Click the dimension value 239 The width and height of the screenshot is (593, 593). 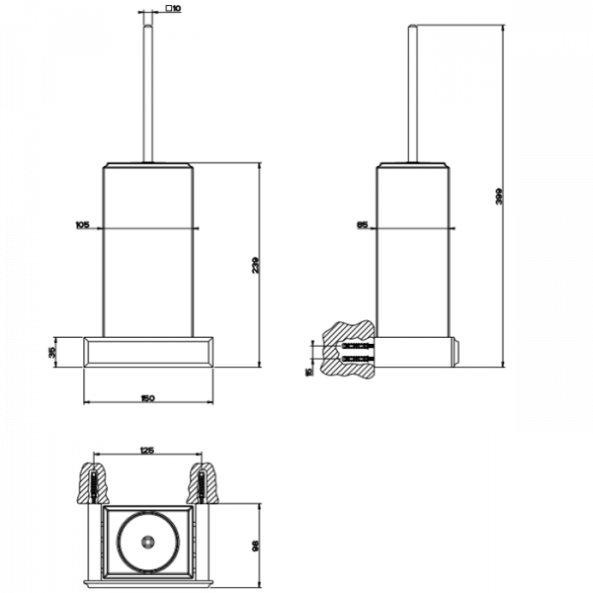(x=255, y=264)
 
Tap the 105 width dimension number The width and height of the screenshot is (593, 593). (x=82, y=225)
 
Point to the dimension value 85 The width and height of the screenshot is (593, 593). (x=363, y=225)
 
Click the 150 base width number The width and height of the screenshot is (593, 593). (x=147, y=398)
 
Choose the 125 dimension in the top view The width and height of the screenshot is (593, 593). (x=146, y=451)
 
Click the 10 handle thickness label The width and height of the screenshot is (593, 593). (x=175, y=9)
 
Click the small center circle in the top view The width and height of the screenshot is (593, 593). (x=146, y=542)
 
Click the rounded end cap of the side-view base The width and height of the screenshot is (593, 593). (x=456, y=348)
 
